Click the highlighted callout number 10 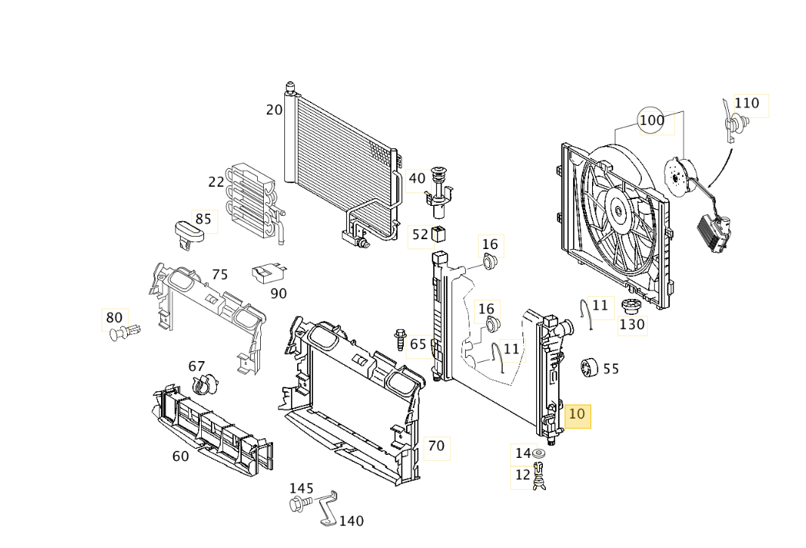pos(577,414)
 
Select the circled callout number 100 pos(652,120)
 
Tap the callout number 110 pos(746,104)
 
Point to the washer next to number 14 pos(539,453)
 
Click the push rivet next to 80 pos(125,332)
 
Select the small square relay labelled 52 pos(439,234)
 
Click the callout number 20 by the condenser pos(274,110)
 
